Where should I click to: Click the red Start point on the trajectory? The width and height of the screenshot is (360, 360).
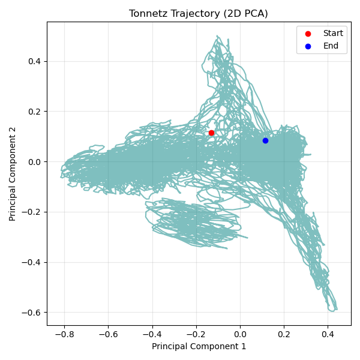click(211, 133)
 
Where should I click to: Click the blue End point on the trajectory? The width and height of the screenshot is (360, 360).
click(265, 140)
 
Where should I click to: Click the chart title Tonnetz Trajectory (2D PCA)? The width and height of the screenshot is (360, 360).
click(199, 14)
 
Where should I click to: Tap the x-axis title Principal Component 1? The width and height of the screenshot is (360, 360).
click(199, 346)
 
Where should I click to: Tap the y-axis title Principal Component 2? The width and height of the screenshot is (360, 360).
click(13, 173)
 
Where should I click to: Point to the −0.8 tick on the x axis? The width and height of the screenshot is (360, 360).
click(64, 332)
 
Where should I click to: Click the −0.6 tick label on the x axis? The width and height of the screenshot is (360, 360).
click(108, 332)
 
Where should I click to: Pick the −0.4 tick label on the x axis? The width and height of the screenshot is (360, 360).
click(152, 332)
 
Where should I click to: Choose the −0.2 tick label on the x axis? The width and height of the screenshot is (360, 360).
click(196, 332)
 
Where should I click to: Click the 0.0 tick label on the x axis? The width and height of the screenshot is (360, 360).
click(240, 332)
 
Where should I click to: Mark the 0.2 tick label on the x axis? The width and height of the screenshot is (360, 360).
click(284, 332)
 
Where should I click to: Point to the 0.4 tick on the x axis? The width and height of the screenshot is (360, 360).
click(328, 332)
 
